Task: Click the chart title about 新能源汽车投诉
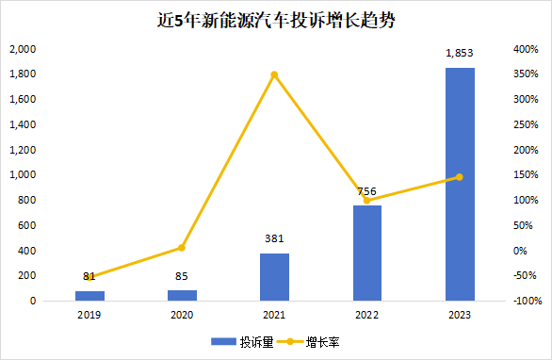[275, 20]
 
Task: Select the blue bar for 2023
[460, 184]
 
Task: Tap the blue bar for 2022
[367, 253]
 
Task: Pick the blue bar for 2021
[275, 276]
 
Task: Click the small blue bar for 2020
[182, 295]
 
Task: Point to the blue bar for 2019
[89, 295]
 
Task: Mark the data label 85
[182, 277]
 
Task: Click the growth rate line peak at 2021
[275, 74]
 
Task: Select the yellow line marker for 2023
[460, 176]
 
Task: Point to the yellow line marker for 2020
[182, 248]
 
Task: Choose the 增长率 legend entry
[313, 342]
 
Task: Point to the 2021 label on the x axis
[275, 318]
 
